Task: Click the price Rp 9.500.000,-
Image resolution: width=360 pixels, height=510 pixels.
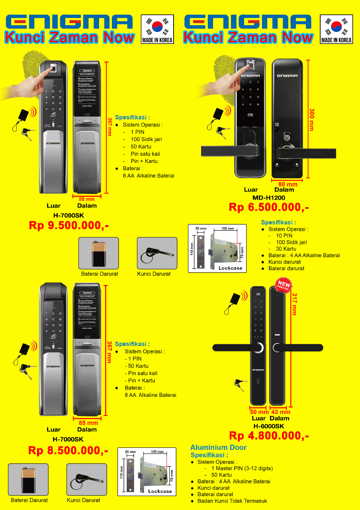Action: (x=68, y=226)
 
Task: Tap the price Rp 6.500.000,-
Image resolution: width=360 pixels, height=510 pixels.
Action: (x=268, y=207)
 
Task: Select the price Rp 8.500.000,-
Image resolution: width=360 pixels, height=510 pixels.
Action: (x=68, y=450)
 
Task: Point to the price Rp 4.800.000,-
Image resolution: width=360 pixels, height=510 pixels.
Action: (x=269, y=436)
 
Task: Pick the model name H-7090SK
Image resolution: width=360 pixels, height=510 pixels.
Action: (x=68, y=215)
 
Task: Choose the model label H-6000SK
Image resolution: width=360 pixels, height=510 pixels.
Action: (x=269, y=426)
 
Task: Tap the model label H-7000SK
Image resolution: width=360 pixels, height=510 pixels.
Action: (x=68, y=439)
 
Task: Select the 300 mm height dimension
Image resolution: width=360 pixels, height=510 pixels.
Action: (x=311, y=120)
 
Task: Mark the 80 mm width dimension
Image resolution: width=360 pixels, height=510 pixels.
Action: (x=287, y=184)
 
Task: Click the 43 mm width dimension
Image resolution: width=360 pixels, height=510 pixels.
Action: (x=281, y=412)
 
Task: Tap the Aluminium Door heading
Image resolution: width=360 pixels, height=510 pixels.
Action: (x=218, y=447)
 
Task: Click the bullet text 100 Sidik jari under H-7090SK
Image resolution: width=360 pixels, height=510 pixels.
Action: (x=146, y=139)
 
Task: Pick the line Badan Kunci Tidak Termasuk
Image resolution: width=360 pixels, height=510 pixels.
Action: (x=232, y=501)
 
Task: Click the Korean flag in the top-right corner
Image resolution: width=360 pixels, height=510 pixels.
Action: (x=337, y=26)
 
